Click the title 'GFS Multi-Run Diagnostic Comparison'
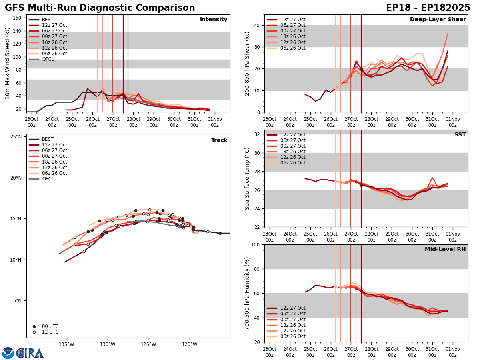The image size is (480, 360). tap(100, 8)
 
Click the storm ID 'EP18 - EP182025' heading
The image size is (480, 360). tap(428, 8)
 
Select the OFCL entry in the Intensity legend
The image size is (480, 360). tap(48, 59)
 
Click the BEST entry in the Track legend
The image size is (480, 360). tap(48, 139)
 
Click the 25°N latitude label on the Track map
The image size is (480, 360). tap(16, 137)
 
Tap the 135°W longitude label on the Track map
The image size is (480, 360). tap(66, 344)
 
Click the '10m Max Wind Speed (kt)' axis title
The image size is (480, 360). tap(8, 63)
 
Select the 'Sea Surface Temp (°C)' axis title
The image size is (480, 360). tap(247, 178)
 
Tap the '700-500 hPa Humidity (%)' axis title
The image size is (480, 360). tap(247, 293)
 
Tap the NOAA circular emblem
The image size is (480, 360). tap(8, 353)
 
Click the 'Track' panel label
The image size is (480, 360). tap(219, 140)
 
